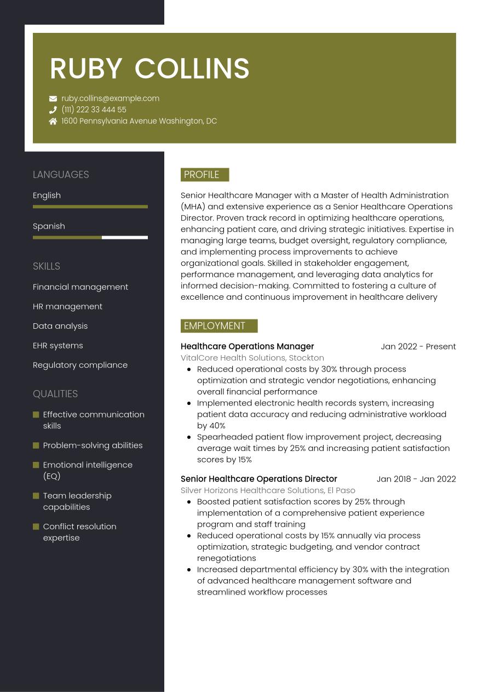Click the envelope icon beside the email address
53,99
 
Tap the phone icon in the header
53,110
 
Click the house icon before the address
53,121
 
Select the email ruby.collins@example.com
110,99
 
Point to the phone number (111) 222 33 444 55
94,110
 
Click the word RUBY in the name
86,68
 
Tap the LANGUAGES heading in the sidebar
61,175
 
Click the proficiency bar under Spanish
90,238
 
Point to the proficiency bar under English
90,207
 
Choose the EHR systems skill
58,346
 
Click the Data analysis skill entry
60,326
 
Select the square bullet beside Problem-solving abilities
36,445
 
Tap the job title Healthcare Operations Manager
247,346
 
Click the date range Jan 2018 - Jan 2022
416,479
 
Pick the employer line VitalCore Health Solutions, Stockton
252,358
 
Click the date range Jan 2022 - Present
418,346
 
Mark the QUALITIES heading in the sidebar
55,394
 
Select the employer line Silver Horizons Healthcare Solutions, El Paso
268,490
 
